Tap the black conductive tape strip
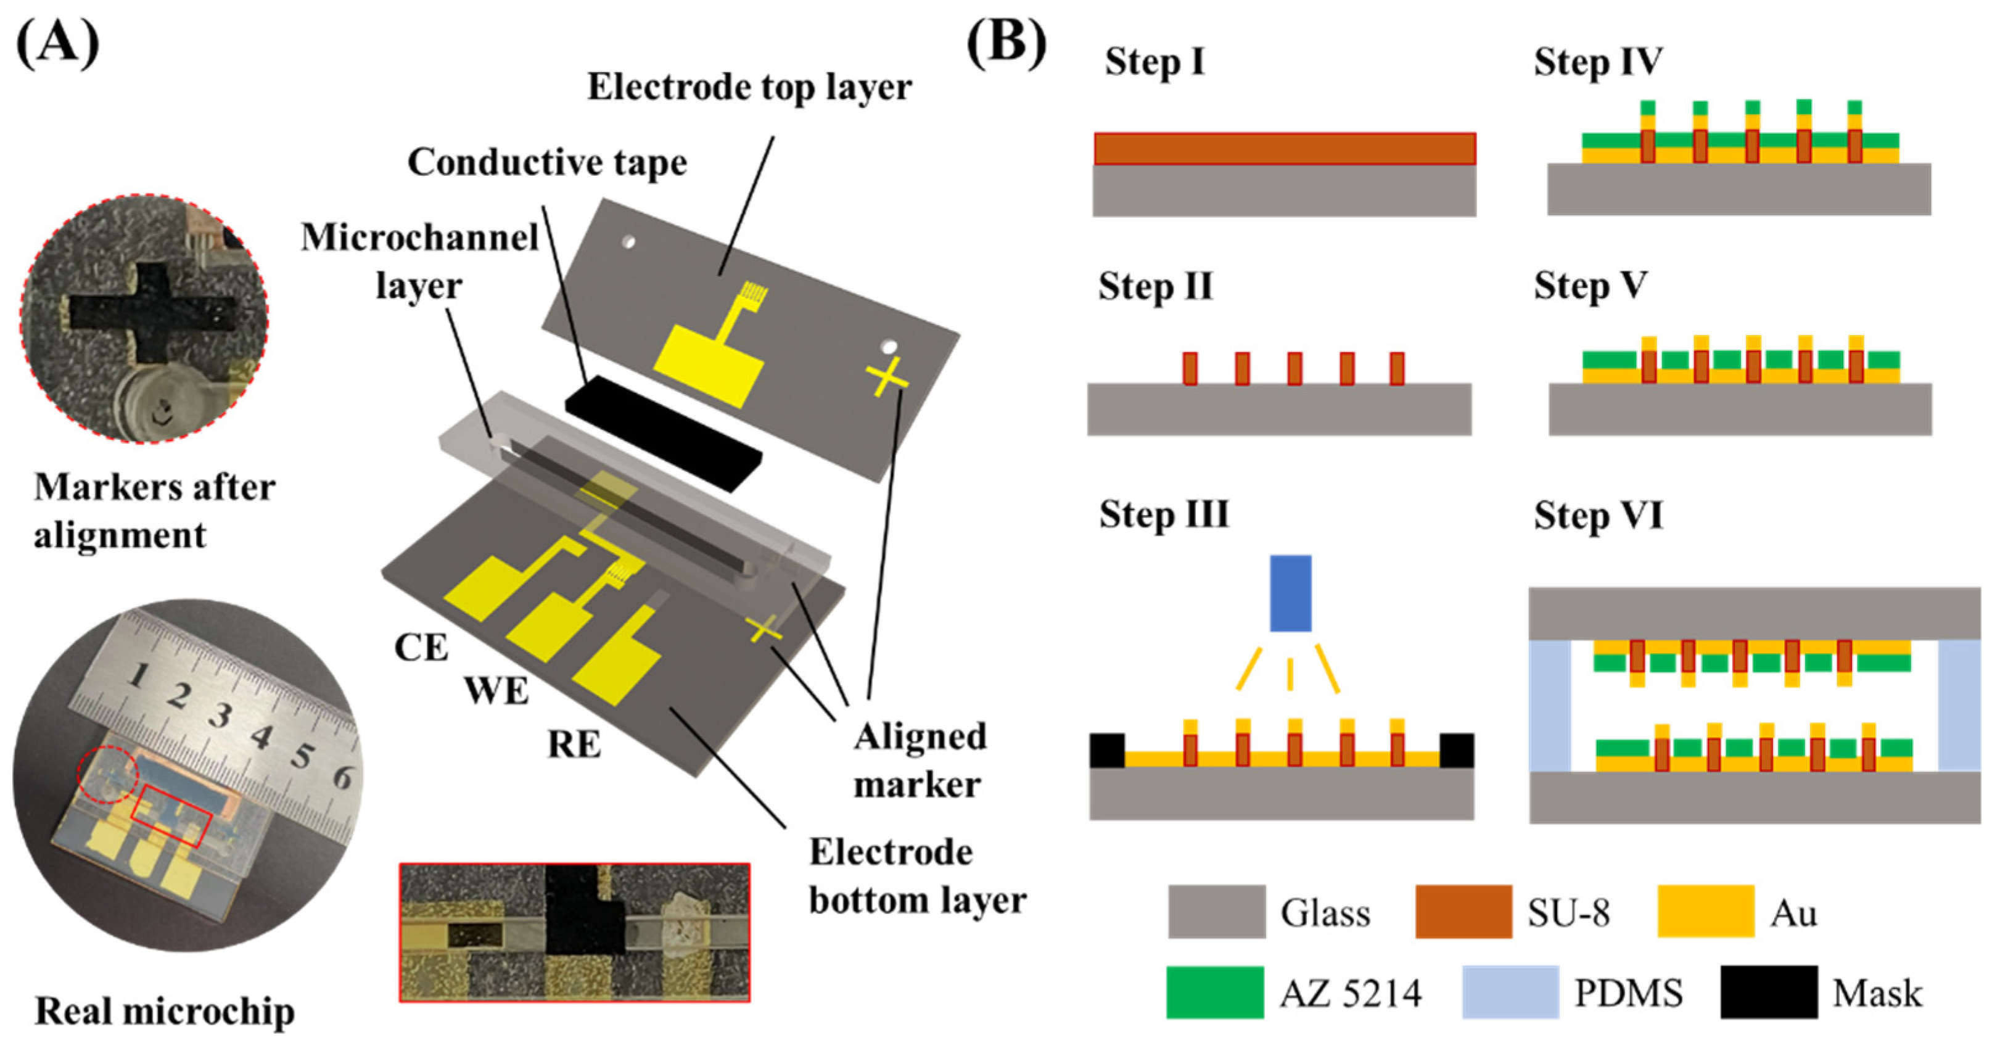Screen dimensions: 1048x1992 pos(664,433)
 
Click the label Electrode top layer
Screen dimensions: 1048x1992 pos(749,86)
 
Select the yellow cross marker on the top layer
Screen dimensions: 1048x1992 pos(886,377)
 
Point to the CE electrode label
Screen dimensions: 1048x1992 pos(421,648)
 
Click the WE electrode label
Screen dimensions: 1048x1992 pos(496,691)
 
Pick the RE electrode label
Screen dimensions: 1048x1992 pos(574,745)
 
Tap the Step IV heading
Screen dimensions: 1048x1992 pos(1598,62)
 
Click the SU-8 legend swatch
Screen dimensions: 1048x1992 pos(1463,912)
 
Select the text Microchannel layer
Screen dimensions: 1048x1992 pos(419,261)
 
